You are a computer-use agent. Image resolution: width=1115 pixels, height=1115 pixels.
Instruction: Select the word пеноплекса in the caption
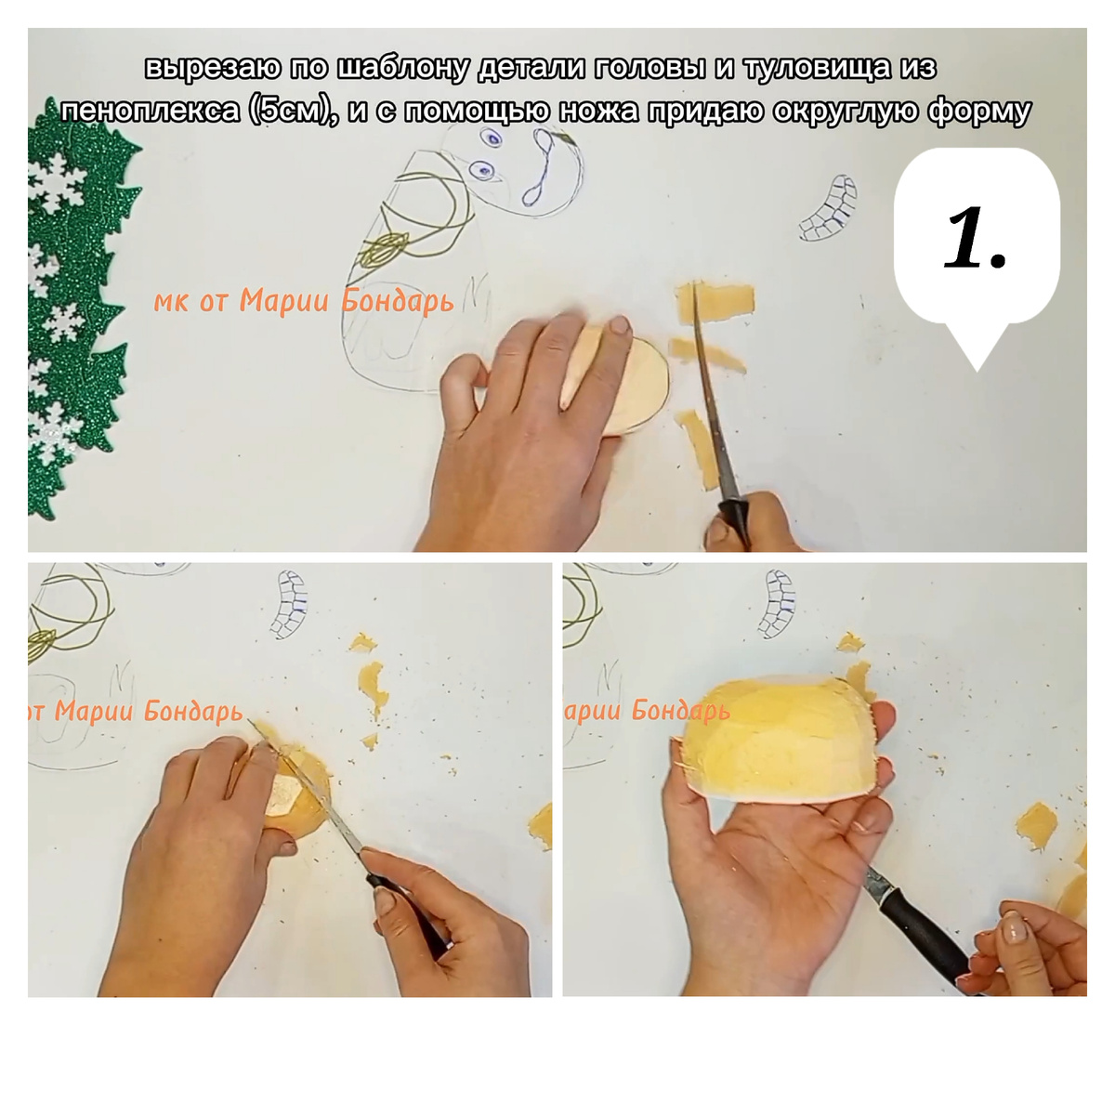(150, 111)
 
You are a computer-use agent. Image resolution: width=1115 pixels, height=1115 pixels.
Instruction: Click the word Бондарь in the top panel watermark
(398, 302)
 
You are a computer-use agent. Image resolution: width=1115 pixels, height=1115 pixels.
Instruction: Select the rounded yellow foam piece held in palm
(782, 740)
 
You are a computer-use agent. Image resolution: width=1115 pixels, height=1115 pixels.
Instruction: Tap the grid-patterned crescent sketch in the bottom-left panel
(291, 604)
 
